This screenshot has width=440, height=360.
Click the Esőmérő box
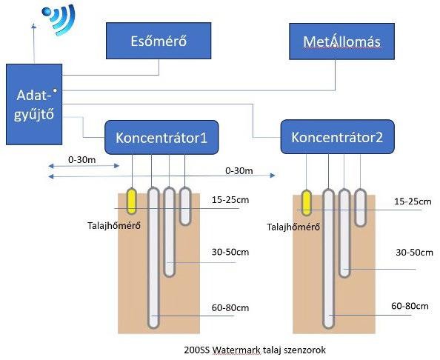point(159,41)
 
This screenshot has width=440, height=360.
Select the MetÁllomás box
point(341,41)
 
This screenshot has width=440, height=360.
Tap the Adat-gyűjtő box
point(34,104)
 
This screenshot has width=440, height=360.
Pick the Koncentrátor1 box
point(161,138)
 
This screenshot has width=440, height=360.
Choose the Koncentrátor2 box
point(338,137)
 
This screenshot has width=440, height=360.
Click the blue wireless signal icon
point(59,19)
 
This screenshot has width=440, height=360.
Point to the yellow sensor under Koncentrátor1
point(131,201)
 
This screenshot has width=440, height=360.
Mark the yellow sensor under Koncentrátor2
point(307,202)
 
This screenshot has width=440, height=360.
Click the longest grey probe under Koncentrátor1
point(153,258)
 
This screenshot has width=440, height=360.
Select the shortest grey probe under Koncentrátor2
point(361,207)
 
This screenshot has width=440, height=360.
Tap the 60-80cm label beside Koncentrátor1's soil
point(230,308)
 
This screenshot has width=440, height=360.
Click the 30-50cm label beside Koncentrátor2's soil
point(415,253)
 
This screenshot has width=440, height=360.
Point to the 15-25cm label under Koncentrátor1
point(230,200)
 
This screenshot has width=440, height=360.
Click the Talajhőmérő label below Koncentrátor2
point(293,227)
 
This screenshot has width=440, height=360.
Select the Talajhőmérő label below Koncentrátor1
point(114,226)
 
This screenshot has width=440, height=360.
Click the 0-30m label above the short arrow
point(82,160)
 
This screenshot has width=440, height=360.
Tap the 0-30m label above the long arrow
point(239,170)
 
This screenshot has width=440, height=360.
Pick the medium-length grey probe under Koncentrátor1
point(169,232)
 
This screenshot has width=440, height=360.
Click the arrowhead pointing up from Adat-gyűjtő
point(33,26)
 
